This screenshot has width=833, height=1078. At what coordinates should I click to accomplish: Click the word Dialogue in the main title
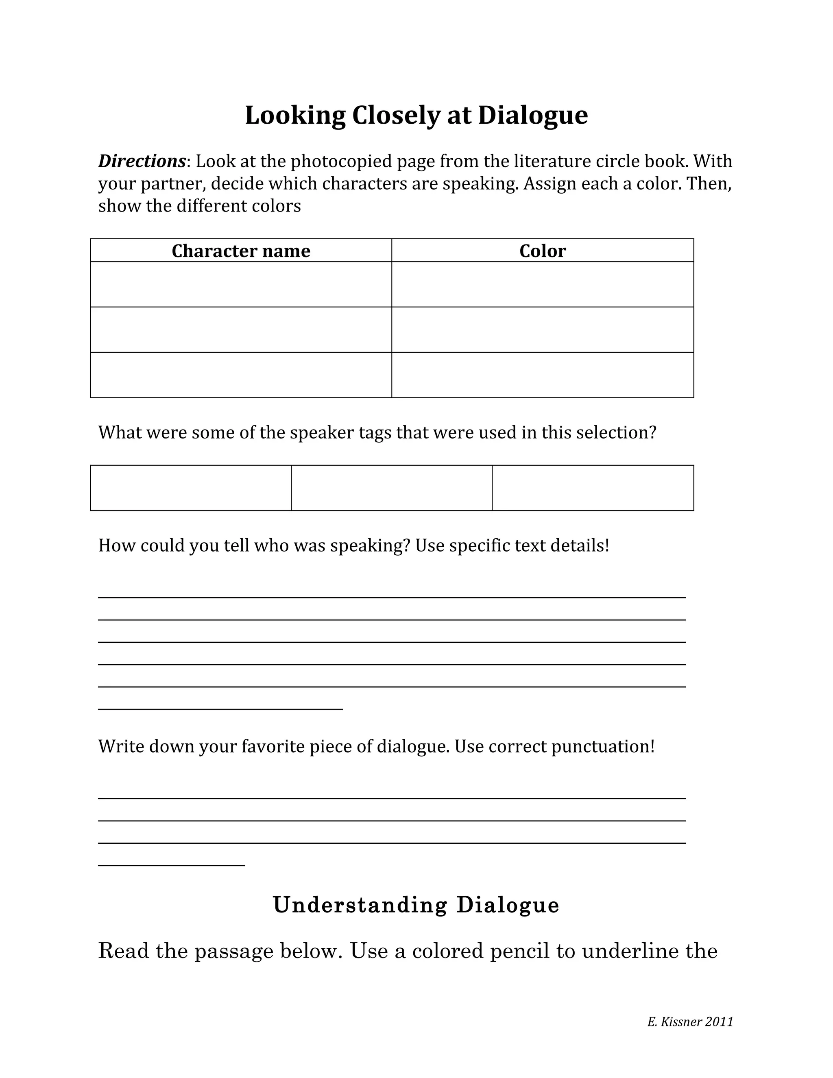[532, 116]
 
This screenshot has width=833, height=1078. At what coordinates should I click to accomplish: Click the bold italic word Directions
[142, 161]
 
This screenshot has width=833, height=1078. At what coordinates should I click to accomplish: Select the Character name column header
[241, 251]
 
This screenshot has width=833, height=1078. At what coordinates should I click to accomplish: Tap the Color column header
[542, 251]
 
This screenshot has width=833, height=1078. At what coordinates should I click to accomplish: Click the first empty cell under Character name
[241, 284]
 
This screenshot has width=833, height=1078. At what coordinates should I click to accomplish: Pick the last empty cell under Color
[542, 375]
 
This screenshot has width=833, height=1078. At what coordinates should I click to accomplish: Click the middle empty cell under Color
[542, 330]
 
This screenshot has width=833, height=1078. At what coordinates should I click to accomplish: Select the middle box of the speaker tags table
[391, 488]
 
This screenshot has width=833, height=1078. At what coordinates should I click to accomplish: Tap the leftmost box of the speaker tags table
[190, 488]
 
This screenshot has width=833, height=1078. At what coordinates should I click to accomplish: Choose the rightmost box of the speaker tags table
[593, 488]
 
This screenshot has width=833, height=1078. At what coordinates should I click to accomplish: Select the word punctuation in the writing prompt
[602, 747]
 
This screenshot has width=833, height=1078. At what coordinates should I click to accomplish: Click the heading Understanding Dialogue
[416, 905]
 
